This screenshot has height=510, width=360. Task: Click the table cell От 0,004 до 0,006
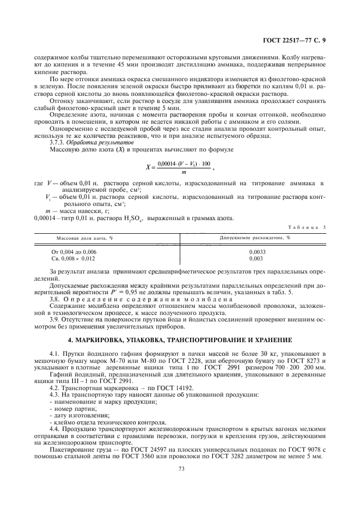tap(73, 252)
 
